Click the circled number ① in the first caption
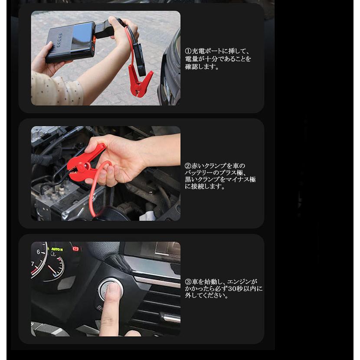188,51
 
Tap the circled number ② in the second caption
188,166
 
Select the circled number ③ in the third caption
188,281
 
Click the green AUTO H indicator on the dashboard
57,250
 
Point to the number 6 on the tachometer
39,252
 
